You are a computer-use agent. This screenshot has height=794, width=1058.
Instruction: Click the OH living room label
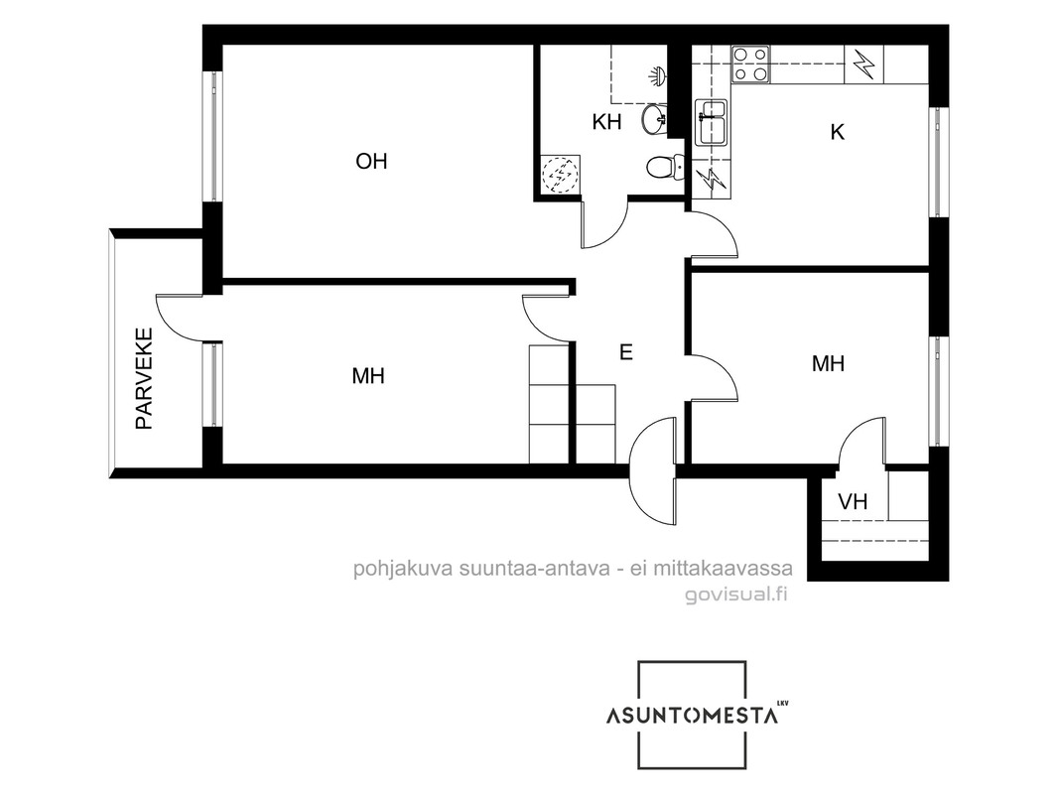pos(371,161)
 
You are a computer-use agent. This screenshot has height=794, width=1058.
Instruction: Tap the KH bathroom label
pos(606,122)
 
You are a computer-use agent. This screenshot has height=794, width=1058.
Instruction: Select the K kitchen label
pos(838,132)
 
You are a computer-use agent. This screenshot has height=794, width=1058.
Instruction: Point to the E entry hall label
pos(626,352)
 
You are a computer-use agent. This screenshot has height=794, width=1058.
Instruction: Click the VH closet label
pos(853,502)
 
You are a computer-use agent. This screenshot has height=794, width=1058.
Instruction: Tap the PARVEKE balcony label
pos(144,378)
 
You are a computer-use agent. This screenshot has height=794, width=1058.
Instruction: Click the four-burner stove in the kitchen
pos(751,64)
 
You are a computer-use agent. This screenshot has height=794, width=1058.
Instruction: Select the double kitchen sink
pos(712,121)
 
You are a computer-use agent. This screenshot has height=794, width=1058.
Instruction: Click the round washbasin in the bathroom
pos(653,119)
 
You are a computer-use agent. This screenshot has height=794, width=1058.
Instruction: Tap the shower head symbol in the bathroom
pos(659,74)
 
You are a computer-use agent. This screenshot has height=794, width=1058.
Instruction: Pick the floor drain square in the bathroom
pos(560,175)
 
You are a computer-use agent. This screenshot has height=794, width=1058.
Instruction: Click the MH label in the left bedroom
pos(368,376)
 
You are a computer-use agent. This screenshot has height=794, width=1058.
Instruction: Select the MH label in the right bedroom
pos(828,364)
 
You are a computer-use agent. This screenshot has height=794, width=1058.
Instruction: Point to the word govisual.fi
pos(736,595)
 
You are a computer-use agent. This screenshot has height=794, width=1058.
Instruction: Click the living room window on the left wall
pos(214,136)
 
